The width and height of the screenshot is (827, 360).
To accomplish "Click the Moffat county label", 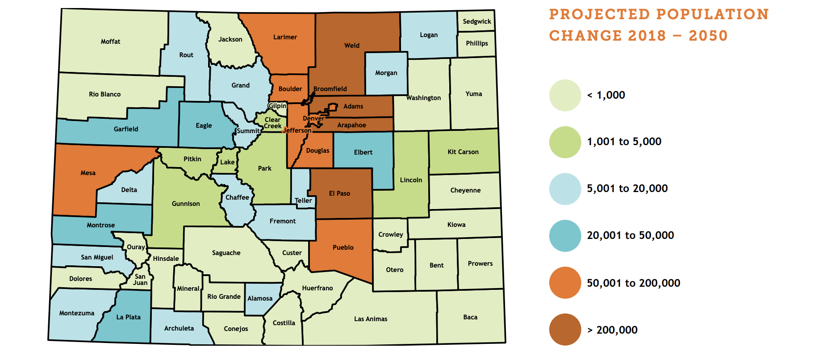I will [x=110, y=42].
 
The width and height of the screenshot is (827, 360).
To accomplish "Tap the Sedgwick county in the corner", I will [x=476, y=21].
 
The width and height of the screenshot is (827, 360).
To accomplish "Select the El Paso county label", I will [x=339, y=193].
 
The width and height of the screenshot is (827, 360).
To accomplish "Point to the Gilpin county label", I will [x=277, y=106].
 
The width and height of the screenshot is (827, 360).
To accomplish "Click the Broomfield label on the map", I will [x=330, y=89].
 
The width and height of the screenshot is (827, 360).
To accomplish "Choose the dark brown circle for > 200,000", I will [x=565, y=330].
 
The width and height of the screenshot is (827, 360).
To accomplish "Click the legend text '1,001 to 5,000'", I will [x=624, y=142].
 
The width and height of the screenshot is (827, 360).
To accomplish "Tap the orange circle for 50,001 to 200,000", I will [x=565, y=283].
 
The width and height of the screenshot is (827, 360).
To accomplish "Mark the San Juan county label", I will [x=140, y=280].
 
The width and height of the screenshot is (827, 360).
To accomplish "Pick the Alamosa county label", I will [x=260, y=298].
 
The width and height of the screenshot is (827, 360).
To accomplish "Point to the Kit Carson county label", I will [x=463, y=152].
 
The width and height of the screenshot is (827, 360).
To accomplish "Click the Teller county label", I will [x=303, y=201].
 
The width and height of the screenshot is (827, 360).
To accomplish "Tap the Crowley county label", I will [x=391, y=234].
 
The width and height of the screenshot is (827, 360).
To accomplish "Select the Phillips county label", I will [x=476, y=43].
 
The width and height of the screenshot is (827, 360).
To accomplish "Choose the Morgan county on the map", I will [x=386, y=73].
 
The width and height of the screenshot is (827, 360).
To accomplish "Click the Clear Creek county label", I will [x=272, y=123].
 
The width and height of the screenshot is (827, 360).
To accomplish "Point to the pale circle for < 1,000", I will [x=565, y=95].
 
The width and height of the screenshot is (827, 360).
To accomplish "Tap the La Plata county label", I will [x=128, y=317].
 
